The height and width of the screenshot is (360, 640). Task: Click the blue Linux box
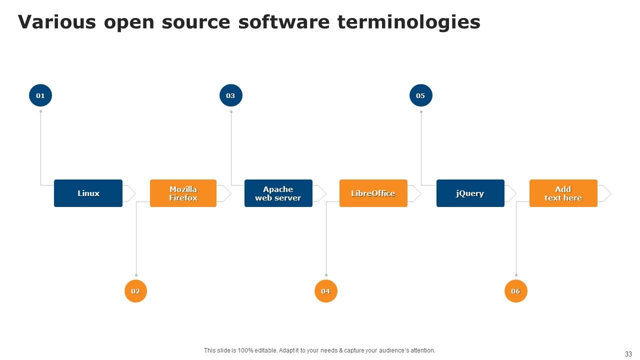tap(88, 193)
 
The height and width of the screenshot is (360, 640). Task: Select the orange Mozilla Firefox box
tap(183, 193)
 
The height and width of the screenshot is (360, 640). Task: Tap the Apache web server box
tap(278, 193)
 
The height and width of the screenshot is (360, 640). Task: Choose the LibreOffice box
tap(373, 193)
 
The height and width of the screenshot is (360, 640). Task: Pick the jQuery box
tap(470, 193)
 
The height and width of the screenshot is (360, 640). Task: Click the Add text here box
tap(563, 193)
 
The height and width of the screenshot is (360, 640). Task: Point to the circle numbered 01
tap(40, 95)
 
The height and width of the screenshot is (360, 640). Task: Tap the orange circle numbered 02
tap(135, 291)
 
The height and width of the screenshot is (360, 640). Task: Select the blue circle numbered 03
tap(230, 95)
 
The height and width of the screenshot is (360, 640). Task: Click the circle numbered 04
tap(325, 291)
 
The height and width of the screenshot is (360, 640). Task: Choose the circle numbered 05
tap(420, 95)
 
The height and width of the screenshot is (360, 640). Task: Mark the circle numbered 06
tap(515, 291)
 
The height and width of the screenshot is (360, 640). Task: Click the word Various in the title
tap(56, 22)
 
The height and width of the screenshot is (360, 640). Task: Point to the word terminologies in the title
tap(408, 22)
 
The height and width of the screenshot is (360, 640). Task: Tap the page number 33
tap(628, 353)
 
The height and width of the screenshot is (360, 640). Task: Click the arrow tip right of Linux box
tap(130, 193)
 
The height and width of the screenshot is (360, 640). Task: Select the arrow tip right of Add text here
tap(605, 193)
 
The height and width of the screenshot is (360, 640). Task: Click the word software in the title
tap(284, 22)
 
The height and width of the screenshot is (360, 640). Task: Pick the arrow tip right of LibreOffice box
tap(415, 193)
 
